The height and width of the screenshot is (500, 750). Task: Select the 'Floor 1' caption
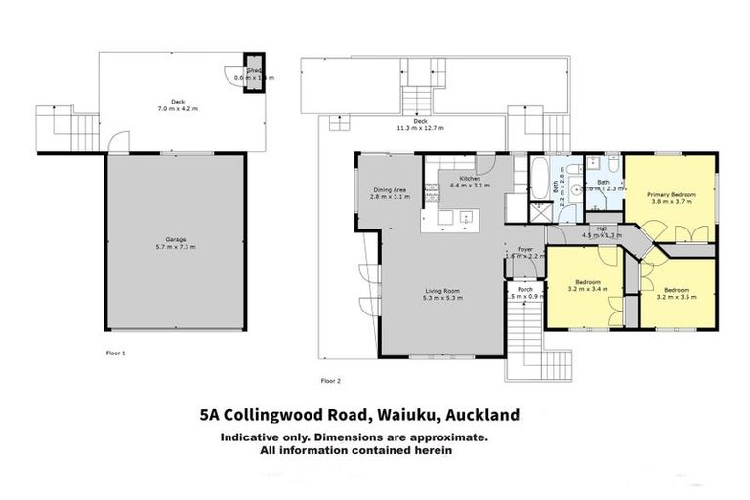116,351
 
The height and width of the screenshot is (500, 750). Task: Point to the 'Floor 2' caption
330,380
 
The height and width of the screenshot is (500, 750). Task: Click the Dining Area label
390,193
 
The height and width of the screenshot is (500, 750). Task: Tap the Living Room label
443,293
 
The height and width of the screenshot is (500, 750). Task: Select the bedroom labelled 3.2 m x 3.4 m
588,286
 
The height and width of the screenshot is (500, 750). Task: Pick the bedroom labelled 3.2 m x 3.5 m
678,293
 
